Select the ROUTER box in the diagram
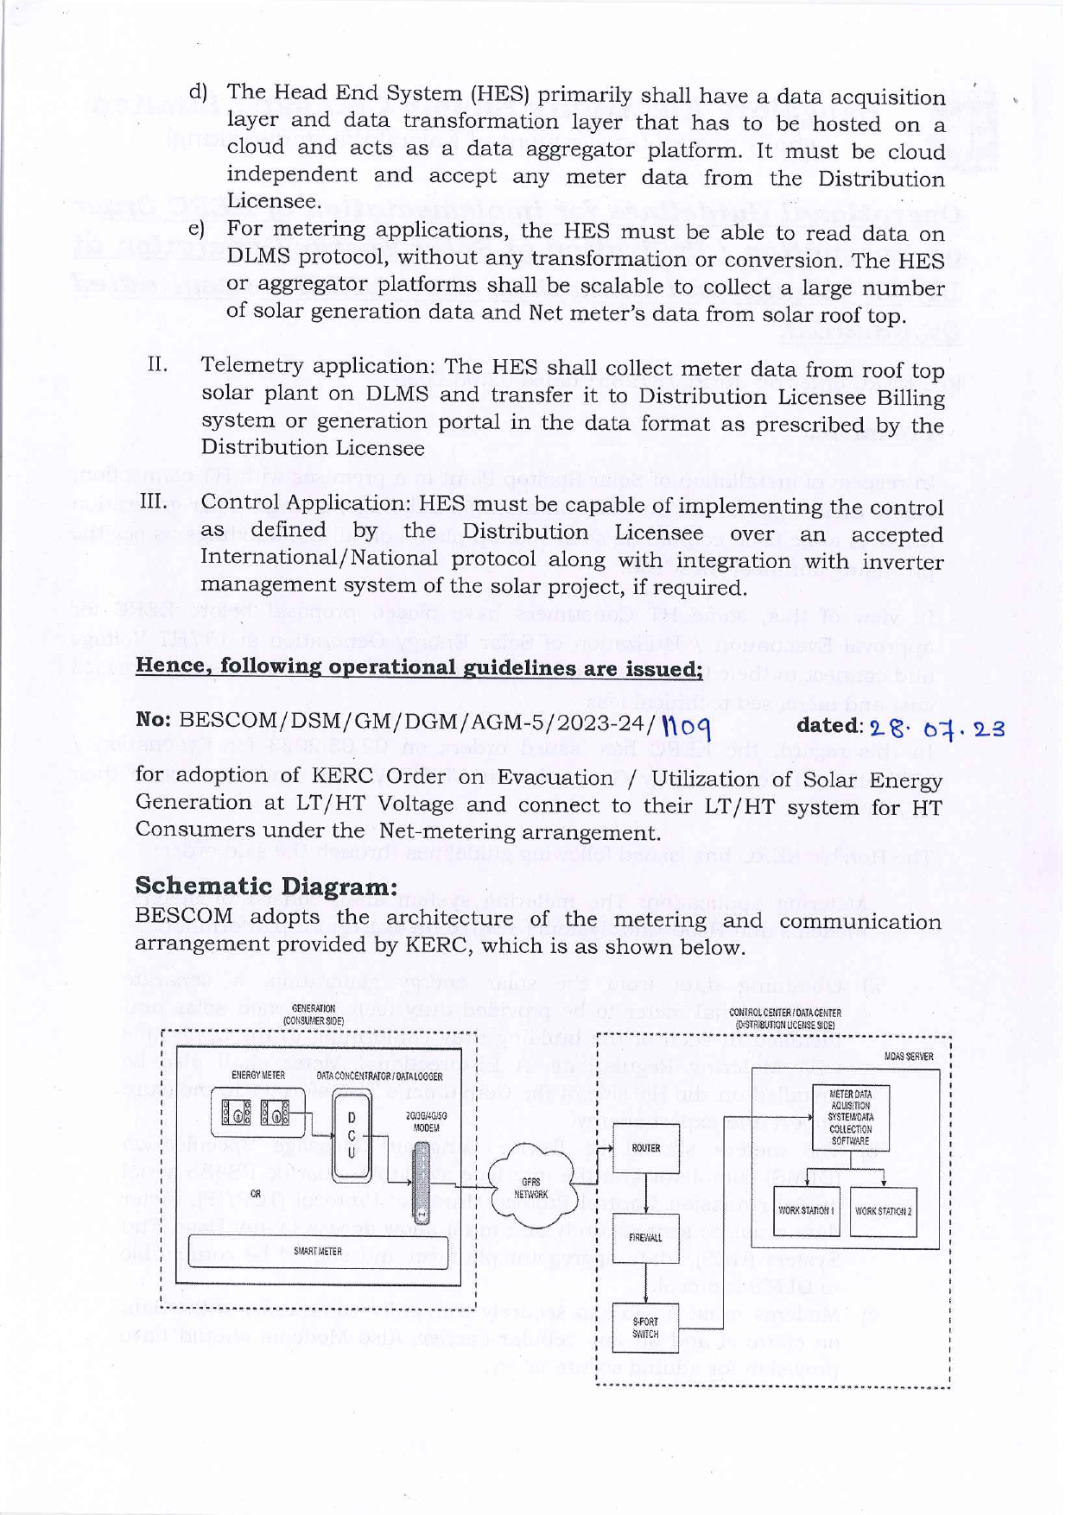click(646, 1148)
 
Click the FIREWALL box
click(646, 1237)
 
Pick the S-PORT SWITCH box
click(646, 1328)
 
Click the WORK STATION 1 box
click(805, 1211)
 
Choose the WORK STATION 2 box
click(883, 1211)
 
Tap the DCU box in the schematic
click(351, 1135)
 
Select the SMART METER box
click(318, 1251)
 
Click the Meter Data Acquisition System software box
click(850, 1117)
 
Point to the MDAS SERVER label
click(909, 1057)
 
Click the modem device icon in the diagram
click(422, 1182)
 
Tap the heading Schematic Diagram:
click(266, 887)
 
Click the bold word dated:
click(829, 726)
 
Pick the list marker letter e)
click(197, 229)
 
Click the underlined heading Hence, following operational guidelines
click(418, 667)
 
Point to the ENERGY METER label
click(258, 1076)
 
